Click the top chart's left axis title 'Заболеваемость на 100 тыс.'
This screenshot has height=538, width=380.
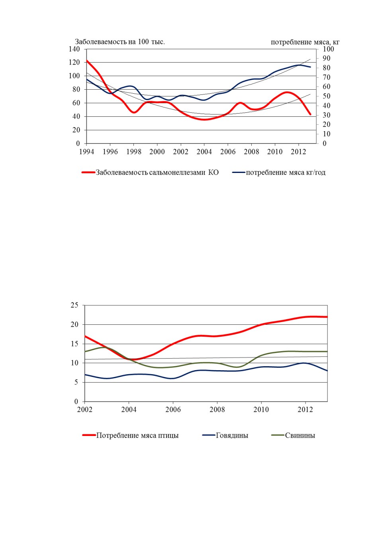[x=120, y=42]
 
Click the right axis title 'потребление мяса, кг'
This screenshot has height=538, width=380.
[x=305, y=42]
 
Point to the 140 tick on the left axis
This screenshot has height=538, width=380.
[x=74, y=49]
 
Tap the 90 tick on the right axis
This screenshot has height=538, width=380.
[x=327, y=58]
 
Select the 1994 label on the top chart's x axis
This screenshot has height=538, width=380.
[x=87, y=152]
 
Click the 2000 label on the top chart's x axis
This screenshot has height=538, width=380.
[x=157, y=152]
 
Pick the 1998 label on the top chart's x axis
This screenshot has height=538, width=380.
[x=134, y=152]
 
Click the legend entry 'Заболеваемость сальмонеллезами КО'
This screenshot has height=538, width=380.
[x=150, y=173]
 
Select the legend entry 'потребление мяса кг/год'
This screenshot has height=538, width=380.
[x=279, y=173]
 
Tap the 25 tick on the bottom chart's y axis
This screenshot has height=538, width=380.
[x=74, y=305]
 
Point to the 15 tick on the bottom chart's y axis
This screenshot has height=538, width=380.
[x=74, y=344]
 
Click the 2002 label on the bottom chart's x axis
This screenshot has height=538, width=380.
[x=85, y=410]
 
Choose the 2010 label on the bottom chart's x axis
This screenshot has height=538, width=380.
[x=261, y=410]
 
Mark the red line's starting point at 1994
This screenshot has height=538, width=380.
[x=87, y=61]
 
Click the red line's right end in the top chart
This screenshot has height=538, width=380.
[x=310, y=114]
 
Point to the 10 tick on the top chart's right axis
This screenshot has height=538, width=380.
[x=327, y=134]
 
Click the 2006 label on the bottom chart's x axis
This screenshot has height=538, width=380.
[x=173, y=410]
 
